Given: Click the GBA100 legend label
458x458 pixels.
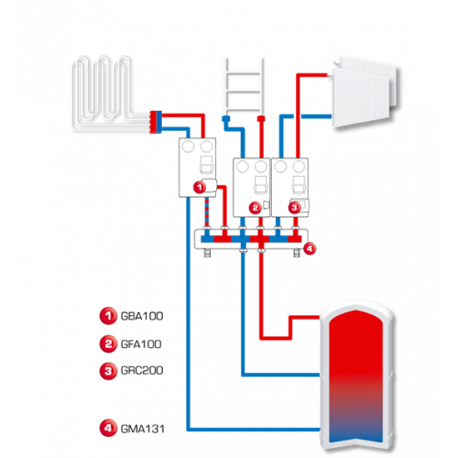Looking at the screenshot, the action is point(142,316).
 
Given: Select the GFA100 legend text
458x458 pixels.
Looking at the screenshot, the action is point(141,344).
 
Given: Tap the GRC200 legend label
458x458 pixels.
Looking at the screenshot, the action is point(142,370).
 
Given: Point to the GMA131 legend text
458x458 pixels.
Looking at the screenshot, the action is point(143,429).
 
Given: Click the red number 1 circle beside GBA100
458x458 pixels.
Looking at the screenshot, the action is point(108,316).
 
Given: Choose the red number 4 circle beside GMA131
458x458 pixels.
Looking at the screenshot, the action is point(108,428).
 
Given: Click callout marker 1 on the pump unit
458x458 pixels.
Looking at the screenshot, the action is point(200,187).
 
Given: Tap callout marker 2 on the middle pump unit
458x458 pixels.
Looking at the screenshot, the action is point(256,208).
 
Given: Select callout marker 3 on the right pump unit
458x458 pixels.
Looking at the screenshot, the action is point(294,208).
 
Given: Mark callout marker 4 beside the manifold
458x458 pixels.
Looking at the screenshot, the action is point(310,248).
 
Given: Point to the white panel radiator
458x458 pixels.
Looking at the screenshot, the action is point(365,91).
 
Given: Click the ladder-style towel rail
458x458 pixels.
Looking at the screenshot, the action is point(245,86).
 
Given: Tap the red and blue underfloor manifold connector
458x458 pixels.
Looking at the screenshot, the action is point(156,122).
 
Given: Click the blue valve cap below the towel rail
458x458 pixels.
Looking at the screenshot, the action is point(226,119).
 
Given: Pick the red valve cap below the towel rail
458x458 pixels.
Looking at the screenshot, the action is point(261,118).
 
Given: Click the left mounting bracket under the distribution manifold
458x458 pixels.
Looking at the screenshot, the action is point(207,253).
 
